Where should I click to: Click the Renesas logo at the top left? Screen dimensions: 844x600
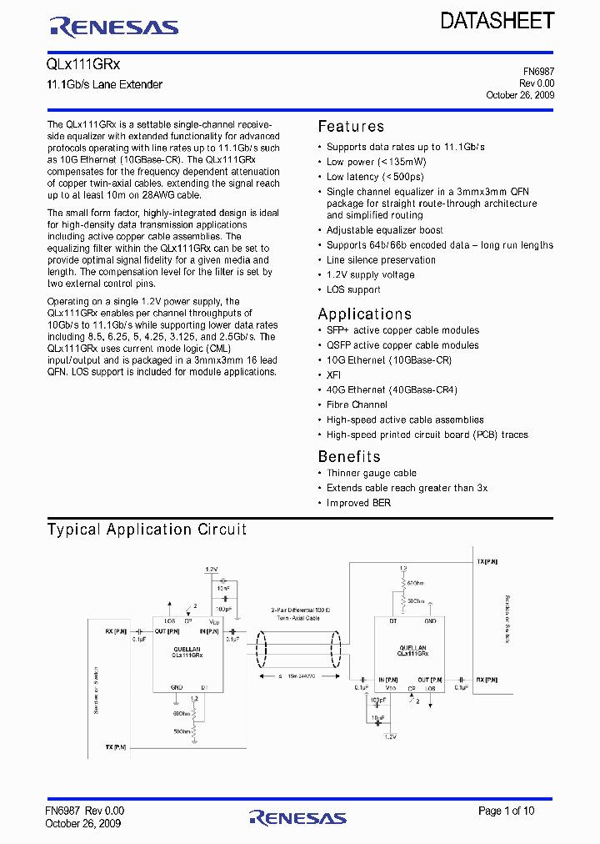(114, 27)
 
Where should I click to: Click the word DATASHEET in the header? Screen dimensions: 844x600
(497, 21)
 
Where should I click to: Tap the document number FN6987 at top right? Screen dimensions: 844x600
(537, 73)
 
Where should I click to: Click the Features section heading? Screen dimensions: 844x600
(351, 127)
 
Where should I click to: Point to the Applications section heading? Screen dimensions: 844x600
(365, 314)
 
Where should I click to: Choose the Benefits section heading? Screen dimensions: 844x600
(349, 456)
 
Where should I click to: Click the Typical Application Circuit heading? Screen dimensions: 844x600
(147, 530)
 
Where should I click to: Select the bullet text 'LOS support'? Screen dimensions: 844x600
(353, 290)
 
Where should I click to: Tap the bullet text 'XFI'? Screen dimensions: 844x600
(333, 375)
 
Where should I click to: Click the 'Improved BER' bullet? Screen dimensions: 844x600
(358, 503)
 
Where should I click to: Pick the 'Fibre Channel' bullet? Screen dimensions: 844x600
(357, 405)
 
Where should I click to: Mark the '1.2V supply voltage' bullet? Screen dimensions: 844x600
(370, 275)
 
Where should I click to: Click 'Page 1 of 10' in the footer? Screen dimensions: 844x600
(507, 811)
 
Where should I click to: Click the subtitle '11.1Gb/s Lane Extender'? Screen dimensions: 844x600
(105, 85)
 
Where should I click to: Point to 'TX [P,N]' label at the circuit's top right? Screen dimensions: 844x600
(487, 562)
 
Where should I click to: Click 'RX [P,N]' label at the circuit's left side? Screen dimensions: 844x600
(117, 630)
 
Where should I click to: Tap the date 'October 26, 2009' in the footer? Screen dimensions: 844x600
(83, 823)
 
